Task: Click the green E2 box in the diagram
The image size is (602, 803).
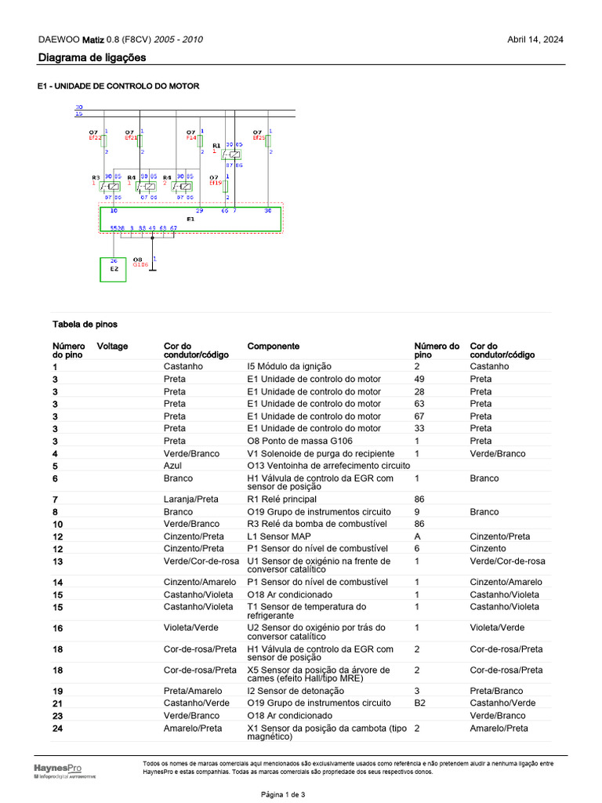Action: (x=113, y=269)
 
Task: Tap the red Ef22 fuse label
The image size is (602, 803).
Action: (x=94, y=138)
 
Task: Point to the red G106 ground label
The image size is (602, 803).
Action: (x=140, y=265)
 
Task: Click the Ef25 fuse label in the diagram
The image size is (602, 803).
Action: (x=259, y=138)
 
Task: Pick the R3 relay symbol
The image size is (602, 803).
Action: (x=112, y=186)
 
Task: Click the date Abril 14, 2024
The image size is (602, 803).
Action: (x=535, y=40)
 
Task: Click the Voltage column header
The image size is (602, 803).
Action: (x=112, y=346)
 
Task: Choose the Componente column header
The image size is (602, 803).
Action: (x=274, y=346)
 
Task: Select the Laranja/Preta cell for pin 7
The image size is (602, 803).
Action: (x=191, y=500)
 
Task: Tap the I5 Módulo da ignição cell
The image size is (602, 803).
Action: (x=289, y=366)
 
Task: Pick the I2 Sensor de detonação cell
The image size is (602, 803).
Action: (x=296, y=691)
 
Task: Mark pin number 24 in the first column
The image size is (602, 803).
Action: (x=57, y=729)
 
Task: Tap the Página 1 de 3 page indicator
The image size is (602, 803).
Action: (x=283, y=794)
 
